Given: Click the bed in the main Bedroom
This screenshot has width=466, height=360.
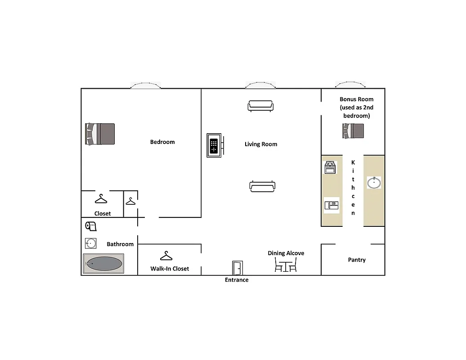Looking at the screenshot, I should (100, 134).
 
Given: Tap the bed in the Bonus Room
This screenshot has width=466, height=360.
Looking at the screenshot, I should (353, 131).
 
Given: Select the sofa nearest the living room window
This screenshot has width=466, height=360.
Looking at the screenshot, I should (260, 106).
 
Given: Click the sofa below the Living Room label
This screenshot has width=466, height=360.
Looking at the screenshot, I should (263, 186).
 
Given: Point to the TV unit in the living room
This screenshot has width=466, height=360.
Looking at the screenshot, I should (214, 145).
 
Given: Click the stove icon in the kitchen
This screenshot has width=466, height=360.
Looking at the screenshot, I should (330, 167).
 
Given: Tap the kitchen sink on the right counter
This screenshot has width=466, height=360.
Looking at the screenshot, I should (374, 182).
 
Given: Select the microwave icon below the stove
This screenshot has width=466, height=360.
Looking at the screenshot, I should (332, 205).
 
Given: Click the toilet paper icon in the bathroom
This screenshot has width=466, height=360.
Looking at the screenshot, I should (91, 226).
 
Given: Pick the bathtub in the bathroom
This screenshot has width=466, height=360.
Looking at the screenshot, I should (103, 264).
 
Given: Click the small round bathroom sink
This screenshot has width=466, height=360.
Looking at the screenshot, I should (91, 243).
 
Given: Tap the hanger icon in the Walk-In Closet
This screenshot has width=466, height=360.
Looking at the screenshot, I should (166, 256).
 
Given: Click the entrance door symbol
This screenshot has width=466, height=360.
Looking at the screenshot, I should (237, 268).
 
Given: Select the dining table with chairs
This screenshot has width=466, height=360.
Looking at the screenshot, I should (286, 266).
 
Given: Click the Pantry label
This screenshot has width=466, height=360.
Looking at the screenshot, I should (357, 260).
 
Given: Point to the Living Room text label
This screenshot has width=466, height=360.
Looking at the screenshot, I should (261, 144).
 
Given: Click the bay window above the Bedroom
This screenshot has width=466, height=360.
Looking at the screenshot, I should (145, 85).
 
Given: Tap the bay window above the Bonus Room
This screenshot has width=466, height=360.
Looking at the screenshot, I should (350, 84).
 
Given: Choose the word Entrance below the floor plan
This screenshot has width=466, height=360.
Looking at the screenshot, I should (237, 280).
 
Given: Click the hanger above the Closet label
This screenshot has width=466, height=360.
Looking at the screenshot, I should (101, 198).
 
